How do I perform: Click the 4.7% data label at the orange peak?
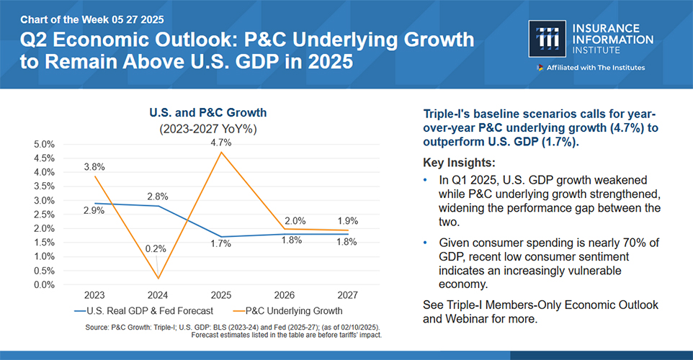[x=222, y=143]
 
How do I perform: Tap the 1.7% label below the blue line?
[x=221, y=244]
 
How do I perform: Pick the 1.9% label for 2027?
[x=347, y=221]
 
